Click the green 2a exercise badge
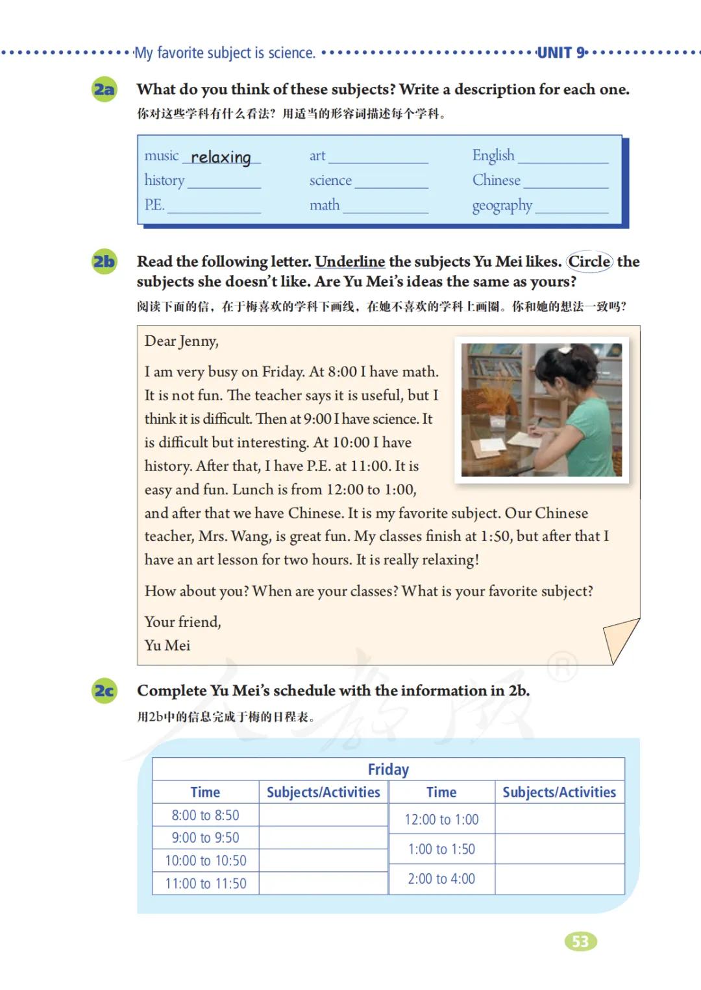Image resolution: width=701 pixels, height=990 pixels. (x=104, y=89)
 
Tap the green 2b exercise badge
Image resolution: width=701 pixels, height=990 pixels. (x=104, y=261)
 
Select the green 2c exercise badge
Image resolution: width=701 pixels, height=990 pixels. (x=104, y=691)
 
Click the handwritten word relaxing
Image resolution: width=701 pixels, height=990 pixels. (x=221, y=157)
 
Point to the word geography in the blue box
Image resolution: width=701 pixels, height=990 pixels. (x=502, y=206)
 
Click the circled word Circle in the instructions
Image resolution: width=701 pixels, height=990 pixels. (x=589, y=261)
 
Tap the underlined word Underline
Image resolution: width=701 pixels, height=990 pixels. (x=350, y=261)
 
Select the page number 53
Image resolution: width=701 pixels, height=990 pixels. (x=580, y=941)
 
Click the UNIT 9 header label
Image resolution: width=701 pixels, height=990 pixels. (x=561, y=53)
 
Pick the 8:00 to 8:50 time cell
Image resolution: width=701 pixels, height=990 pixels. (x=205, y=815)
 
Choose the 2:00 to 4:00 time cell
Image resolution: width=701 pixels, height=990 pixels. (x=441, y=878)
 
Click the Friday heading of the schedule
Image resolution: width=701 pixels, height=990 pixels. (x=388, y=769)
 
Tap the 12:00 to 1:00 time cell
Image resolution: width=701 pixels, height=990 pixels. (x=441, y=819)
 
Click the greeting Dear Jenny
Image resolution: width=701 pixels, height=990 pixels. (x=181, y=341)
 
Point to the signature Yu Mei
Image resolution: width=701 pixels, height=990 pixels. (x=167, y=646)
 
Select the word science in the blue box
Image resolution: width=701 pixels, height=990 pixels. (x=330, y=180)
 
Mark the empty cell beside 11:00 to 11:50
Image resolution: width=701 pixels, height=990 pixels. (x=323, y=883)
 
